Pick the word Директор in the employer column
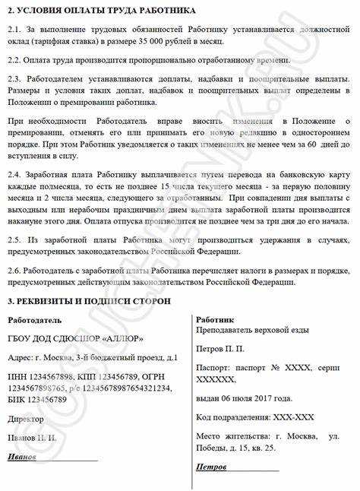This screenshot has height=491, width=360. tap(24, 418)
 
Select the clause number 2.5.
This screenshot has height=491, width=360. tap(13, 240)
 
